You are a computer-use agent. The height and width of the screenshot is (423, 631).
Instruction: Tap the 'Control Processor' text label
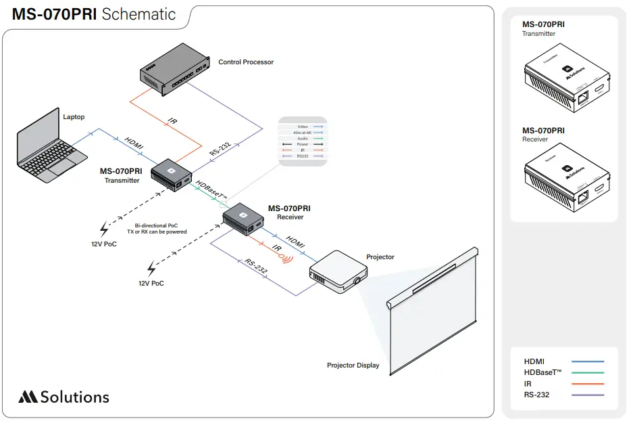[246, 62]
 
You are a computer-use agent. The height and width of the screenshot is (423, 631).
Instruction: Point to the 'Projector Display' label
[353, 365]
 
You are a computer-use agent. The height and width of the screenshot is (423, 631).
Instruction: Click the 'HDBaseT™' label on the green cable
[211, 190]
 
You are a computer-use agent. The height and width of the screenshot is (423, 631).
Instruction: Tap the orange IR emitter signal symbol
[287, 257]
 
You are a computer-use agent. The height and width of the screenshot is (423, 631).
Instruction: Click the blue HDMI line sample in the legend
[587, 362]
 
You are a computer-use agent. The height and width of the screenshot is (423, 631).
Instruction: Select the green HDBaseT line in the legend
[587, 373]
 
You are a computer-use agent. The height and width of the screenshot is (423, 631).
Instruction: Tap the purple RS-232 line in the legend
[587, 395]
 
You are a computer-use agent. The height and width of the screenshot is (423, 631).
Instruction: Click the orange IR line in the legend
[587, 384]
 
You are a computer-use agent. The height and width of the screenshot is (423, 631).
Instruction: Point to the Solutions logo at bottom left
[64, 397]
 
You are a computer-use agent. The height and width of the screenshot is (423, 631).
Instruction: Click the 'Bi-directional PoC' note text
[157, 225]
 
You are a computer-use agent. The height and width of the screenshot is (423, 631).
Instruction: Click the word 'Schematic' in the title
[138, 14]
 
